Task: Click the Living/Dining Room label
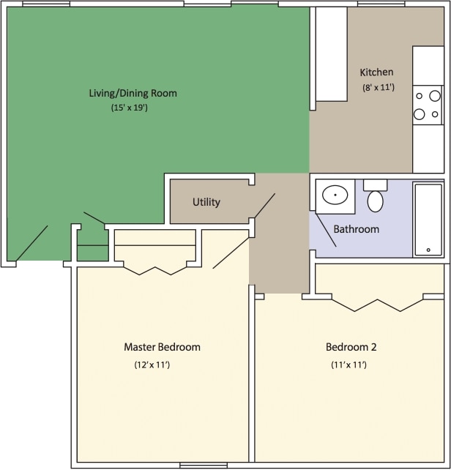pyautogui.click(x=133, y=93)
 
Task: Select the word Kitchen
pyautogui.click(x=376, y=72)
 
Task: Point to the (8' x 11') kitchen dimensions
pyautogui.click(x=379, y=87)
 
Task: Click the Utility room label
pyautogui.click(x=206, y=202)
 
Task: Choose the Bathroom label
pyautogui.click(x=357, y=229)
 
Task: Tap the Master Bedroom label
pyautogui.click(x=162, y=347)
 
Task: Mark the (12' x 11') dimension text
pyautogui.click(x=152, y=364)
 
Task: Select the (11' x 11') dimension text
pyautogui.click(x=348, y=364)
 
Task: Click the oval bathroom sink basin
pyautogui.click(x=335, y=196)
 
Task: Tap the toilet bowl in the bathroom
pyautogui.click(x=376, y=201)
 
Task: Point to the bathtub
pyautogui.click(x=428, y=219)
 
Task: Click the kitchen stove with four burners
pyautogui.click(x=428, y=105)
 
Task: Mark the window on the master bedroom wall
pyautogui.click(x=203, y=466)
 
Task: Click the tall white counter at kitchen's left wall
pyautogui.click(x=332, y=54)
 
